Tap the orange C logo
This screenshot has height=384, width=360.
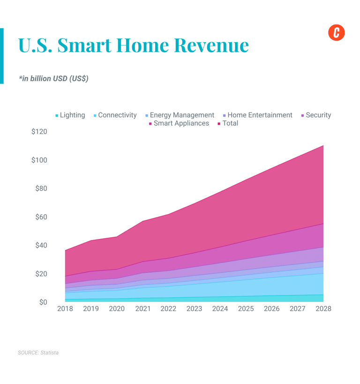(336, 32)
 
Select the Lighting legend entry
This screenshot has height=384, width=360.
(70, 115)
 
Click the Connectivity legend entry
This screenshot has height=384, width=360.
(115, 115)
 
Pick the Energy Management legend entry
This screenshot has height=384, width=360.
(180, 115)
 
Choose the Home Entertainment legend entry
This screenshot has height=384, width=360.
(257, 115)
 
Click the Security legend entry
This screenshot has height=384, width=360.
(316, 115)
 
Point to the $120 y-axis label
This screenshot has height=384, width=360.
(39, 132)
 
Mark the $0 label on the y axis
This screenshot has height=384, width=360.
(43, 302)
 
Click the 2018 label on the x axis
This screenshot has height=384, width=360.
(65, 309)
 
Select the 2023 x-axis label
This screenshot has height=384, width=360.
(194, 309)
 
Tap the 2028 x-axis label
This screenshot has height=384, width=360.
(323, 309)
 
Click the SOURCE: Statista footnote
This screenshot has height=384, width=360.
(38, 352)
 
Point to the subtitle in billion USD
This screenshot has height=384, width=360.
(53, 79)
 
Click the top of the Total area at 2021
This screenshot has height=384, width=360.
(142, 221)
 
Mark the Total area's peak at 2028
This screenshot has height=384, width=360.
(323, 146)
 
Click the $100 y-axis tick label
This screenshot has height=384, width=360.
(39, 160)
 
